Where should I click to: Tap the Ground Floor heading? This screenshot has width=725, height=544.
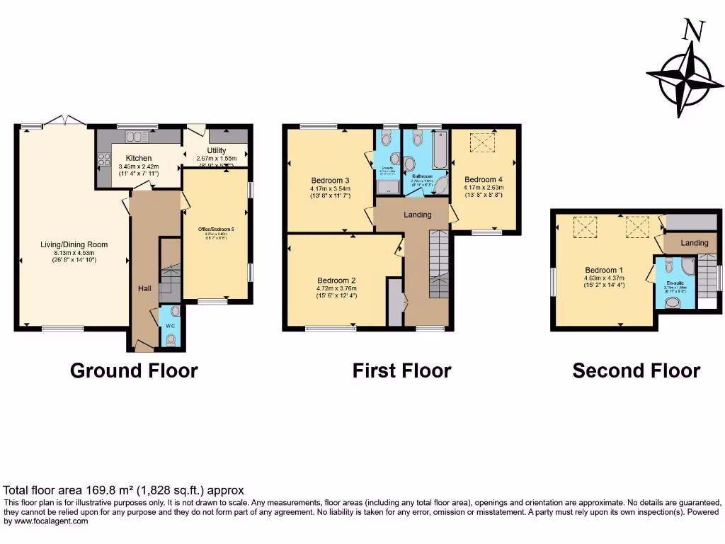pyautogui.click(x=134, y=370)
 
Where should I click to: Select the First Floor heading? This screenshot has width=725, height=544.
pyautogui.click(x=401, y=370)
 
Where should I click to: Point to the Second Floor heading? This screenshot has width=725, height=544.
pyautogui.click(x=636, y=370)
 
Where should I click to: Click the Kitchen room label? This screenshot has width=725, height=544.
pyautogui.click(x=139, y=158)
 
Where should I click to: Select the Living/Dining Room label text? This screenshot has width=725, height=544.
pyautogui.click(x=74, y=245)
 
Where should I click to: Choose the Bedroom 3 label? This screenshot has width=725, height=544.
pyautogui.click(x=331, y=180)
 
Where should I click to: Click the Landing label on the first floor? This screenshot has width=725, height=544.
pyautogui.click(x=417, y=215)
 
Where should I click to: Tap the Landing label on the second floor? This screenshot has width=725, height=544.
pyautogui.click(x=694, y=243)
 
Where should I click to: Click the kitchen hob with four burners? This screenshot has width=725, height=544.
pyautogui.click(x=103, y=159)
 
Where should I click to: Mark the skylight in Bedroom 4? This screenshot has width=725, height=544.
pyautogui.click(x=484, y=144)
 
